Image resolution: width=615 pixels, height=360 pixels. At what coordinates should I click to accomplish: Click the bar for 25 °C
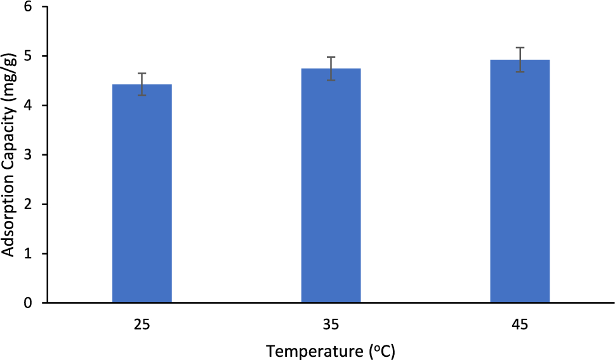click(x=142, y=194)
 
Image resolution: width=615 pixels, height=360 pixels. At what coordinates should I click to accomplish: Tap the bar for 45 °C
click(x=520, y=181)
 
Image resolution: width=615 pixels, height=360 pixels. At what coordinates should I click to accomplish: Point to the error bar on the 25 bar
click(x=142, y=84)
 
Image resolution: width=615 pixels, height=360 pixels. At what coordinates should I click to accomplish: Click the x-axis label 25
click(x=142, y=324)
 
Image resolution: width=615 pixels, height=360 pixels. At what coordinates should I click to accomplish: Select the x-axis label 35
click(x=331, y=324)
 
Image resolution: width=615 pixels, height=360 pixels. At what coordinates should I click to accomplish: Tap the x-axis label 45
click(x=520, y=324)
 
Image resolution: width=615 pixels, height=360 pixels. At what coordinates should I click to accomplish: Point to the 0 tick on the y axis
click(x=29, y=303)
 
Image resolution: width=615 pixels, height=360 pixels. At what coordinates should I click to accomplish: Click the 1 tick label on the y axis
click(x=29, y=254)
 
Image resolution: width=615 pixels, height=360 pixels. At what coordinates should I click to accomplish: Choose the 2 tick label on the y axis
click(x=29, y=204)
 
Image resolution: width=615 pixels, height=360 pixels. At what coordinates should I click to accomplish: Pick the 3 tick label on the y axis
click(x=29, y=155)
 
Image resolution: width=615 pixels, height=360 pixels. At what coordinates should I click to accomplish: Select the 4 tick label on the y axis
click(x=29, y=105)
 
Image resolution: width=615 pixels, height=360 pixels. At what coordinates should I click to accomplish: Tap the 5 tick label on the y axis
click(x=29, y=57)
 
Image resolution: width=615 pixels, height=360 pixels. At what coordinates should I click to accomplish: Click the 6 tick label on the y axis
click(x=29, y=7)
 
